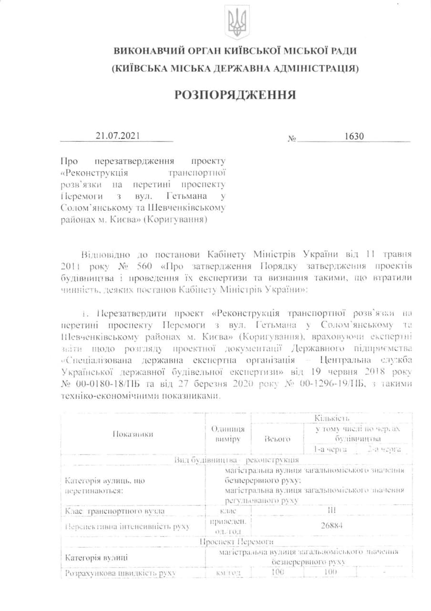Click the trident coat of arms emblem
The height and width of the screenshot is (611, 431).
pos(236,22)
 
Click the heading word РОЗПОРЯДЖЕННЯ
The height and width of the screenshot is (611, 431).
pos(235,95)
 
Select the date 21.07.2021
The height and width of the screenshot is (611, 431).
pos(117,136)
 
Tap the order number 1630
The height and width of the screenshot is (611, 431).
pos(355,136)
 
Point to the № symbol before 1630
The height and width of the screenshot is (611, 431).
pos(292,139)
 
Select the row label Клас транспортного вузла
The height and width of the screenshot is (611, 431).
pos(115,511)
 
